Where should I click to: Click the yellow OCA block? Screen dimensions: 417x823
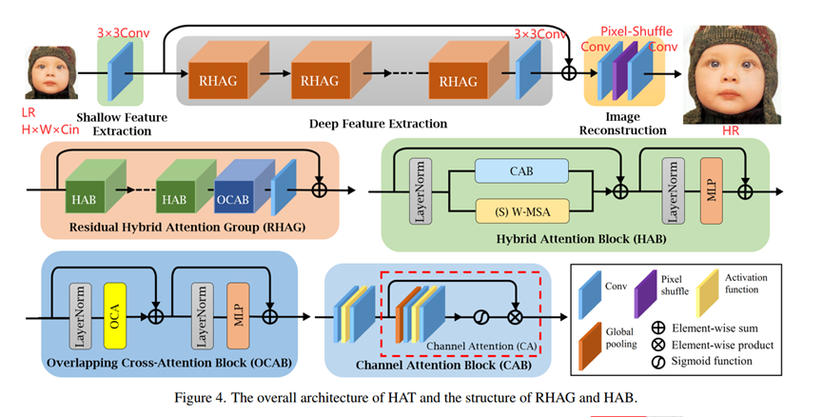pyautogui.click(x=113, y=311)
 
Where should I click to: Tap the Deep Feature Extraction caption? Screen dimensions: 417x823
pyautogui.click(x=378, y=124)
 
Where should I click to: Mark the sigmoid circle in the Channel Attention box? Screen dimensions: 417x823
pyautogui.click(x=482, y=313)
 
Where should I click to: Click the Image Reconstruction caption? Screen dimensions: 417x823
pyautogui.click(x=624, y=123)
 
